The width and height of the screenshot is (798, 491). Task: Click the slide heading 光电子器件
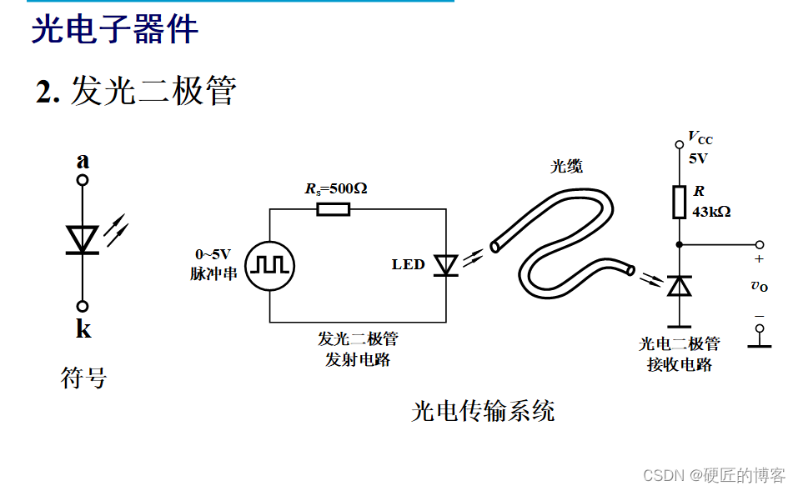pos(115,29)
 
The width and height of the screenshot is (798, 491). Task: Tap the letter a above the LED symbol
pos(83,161)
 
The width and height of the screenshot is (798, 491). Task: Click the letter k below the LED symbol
pos(83,329)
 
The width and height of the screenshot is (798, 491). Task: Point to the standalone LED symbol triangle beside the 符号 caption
pos(83,239)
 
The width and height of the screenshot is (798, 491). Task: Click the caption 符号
pos(84,378)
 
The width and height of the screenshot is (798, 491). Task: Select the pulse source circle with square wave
pos(269,264)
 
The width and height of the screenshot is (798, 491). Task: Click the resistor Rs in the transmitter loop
pos(333,208)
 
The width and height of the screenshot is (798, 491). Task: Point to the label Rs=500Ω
pos(335,188)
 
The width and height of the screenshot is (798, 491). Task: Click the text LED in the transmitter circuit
pos(409,265)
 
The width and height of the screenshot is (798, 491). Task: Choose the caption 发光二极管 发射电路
pos(358,349)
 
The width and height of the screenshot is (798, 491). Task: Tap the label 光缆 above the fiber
pos(566,166)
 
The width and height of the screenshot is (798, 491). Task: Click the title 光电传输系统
pos(483,411)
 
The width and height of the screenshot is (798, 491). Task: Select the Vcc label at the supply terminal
pos(700,138)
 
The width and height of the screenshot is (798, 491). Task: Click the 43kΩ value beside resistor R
pos(711,212)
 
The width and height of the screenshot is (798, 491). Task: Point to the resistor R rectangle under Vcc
pos(679,201)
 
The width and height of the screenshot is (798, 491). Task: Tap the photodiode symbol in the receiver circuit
pos(680,286)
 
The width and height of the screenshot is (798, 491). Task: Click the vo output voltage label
pos(759,286)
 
